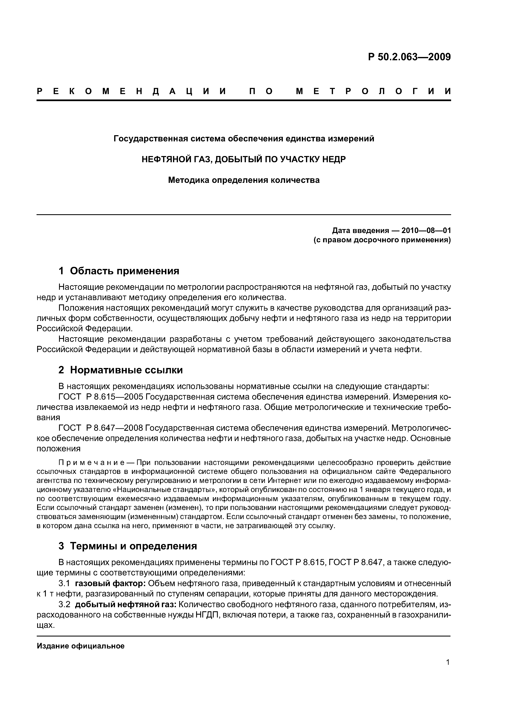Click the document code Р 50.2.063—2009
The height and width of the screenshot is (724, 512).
pyautogui.click(x=409, y=57)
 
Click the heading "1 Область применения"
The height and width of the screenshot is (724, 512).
pyautogui.click(x=119, y=271)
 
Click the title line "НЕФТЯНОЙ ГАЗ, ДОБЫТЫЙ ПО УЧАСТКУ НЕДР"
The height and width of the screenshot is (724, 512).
pyautogui.click(x=244, y=159)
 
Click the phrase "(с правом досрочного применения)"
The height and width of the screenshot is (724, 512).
pyautogui.click(x=382, y=240)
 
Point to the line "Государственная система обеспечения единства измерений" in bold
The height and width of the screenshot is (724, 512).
pyautogui.click(x=244, y=138)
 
